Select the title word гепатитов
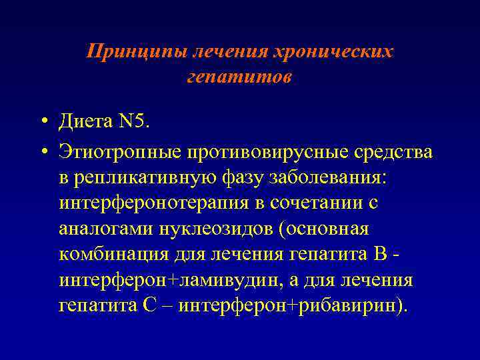[x=239, y=77]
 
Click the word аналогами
[x=106, y=229]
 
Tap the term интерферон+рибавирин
[x=290, y=306]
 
